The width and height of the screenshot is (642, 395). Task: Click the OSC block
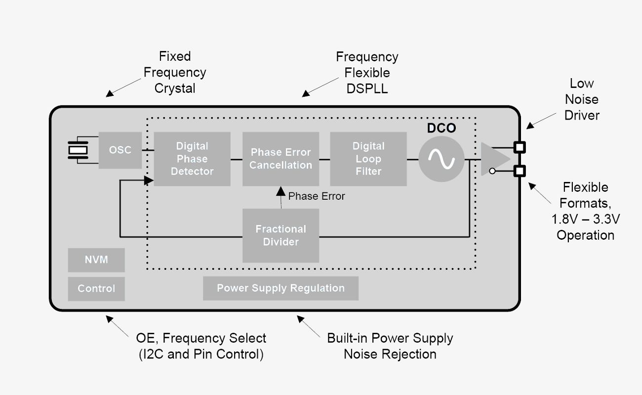[120, 150]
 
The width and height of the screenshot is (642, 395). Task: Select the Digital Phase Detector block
[192, 159]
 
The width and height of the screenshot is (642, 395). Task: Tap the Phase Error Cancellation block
[281, 159]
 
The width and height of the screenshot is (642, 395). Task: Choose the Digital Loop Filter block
[368, 159]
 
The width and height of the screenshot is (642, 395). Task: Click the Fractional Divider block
[281, 235]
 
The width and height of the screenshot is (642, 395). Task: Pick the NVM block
[96, 260]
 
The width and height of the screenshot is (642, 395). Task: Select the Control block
[96, 289]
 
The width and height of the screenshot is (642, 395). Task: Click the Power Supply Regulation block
[281, 288]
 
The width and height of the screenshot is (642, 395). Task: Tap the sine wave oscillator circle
[441, 159]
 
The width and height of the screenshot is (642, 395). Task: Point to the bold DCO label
[441, 129]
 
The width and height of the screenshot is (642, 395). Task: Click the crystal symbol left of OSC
[78, 150]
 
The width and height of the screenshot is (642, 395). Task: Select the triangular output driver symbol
[494, 159]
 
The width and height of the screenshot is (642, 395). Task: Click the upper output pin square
[520, 147]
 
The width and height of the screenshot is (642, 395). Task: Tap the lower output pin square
[520, 171]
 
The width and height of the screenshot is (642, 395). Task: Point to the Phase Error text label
[317, 196]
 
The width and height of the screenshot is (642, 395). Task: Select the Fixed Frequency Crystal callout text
[174, 72]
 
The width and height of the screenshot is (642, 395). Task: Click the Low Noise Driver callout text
[582, 99]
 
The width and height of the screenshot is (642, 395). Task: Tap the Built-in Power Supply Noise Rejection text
[390, 346]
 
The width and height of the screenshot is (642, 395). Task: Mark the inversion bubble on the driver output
[492, 171]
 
